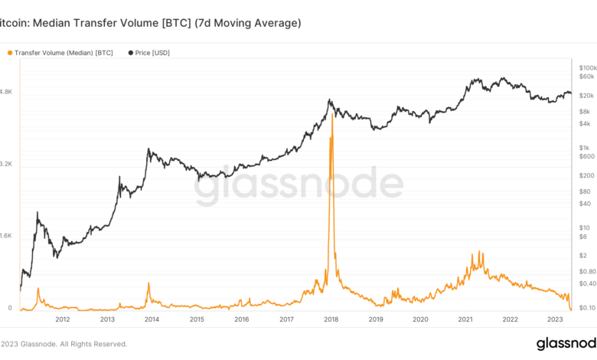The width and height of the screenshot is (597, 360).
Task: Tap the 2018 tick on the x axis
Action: tap(331, 319)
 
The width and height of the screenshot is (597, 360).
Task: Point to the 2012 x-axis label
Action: tap(63, 319)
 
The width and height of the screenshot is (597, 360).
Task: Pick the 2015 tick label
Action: tap(197, 319)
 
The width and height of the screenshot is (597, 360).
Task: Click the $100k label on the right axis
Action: tap(588, 68)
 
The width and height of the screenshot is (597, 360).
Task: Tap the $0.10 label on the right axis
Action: tap(587, 308)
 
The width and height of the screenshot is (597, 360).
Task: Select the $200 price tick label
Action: tap(586, 175)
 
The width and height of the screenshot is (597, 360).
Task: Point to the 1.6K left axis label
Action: tap(6, 237)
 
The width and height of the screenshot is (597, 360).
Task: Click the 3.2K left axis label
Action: tap(6, 164)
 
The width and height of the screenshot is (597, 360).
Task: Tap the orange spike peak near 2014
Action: tap(148, 284)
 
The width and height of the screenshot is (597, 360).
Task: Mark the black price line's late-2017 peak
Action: tap(329, 100)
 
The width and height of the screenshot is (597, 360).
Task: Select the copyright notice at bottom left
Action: tap(64, 344)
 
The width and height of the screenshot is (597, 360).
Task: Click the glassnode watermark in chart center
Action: tap(298, 186)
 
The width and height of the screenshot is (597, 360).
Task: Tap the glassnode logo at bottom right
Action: tap(566, 343)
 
